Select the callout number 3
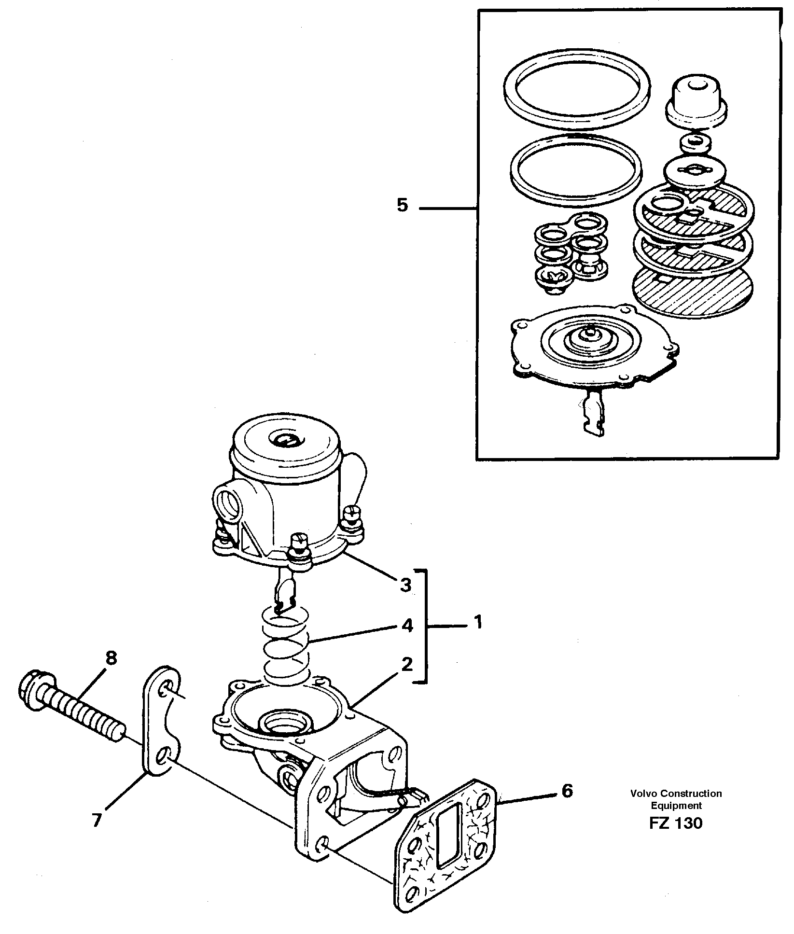coord(405,585)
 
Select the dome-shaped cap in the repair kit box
coord(694,102)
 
